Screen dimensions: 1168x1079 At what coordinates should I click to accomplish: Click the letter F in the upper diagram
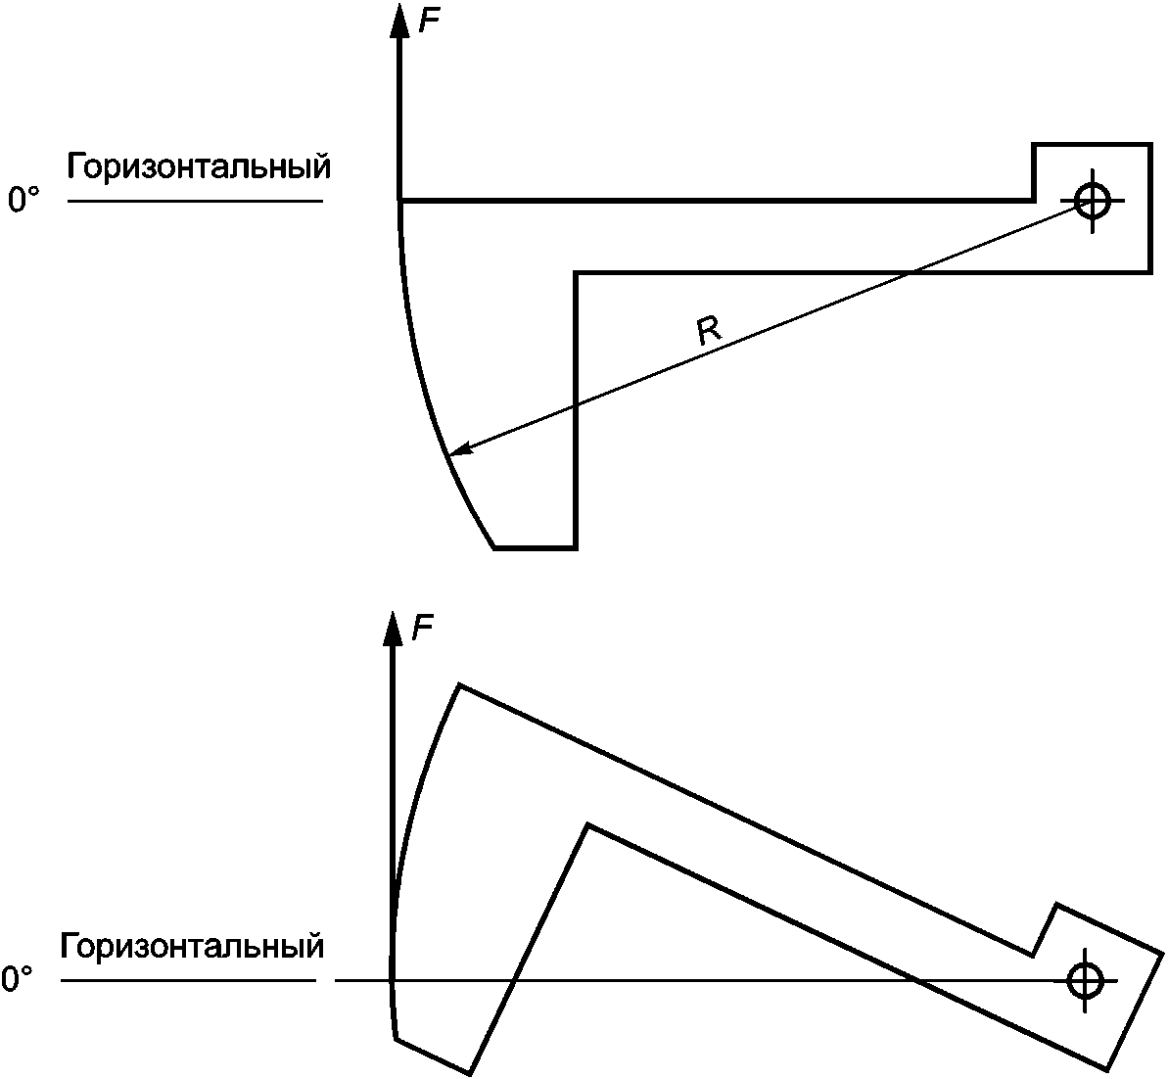(x=428, y=21)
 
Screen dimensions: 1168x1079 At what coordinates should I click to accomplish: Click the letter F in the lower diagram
(x=422, y=628)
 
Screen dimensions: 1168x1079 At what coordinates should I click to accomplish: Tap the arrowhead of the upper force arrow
(x=399, y=21)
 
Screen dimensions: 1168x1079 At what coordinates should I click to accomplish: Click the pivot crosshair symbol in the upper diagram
(x=1091, y=201)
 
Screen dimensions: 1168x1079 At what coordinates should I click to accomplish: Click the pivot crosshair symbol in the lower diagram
(x=1085, y=979)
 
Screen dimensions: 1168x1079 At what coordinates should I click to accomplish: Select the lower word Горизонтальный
(x=191, y=948)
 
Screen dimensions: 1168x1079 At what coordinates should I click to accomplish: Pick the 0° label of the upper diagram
(x=23, y=201)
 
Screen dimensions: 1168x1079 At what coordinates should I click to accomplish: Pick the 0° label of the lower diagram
(x=18, y=979)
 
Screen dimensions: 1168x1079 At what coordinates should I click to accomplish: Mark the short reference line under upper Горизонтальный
(x=196, y=202)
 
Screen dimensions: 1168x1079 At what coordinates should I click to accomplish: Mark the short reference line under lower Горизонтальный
(x=189, y=979)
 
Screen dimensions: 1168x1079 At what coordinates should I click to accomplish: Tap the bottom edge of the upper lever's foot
(x=535, y=548)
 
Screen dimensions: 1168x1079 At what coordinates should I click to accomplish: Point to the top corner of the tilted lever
(x=460, y=684)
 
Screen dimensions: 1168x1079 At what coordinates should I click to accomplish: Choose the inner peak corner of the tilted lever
(x=587, y=825)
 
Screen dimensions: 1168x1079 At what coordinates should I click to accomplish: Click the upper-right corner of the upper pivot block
(x=1149, y=144)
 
